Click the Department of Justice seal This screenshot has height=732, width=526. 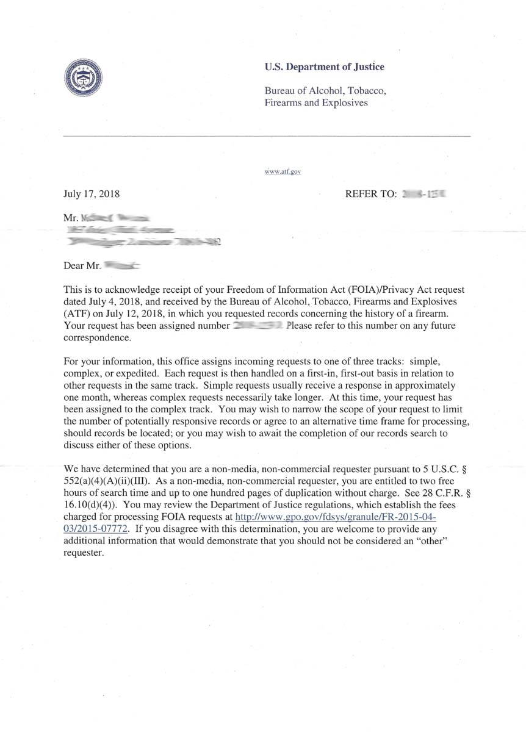click(83, 78)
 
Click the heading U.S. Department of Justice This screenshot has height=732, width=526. click(324, 67)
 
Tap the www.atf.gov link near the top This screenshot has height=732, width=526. click(283, 171)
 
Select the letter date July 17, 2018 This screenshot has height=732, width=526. click(92, 195)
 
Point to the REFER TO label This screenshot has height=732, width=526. click(371, 195)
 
